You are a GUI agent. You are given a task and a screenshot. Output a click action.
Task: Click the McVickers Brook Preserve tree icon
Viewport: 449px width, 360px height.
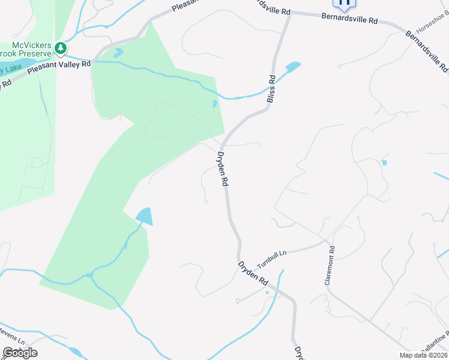pos(60,47)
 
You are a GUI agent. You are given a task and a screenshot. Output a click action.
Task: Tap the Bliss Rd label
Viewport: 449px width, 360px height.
pos(272,87)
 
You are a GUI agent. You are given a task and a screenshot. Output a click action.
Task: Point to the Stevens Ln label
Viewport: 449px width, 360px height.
pos(12,340)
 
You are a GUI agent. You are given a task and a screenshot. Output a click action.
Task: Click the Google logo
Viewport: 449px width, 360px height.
pos(20,352)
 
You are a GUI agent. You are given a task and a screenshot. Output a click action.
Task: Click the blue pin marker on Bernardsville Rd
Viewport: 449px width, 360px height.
pos(345,4)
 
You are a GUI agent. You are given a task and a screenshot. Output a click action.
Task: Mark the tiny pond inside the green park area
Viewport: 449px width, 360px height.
pos(215,104)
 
